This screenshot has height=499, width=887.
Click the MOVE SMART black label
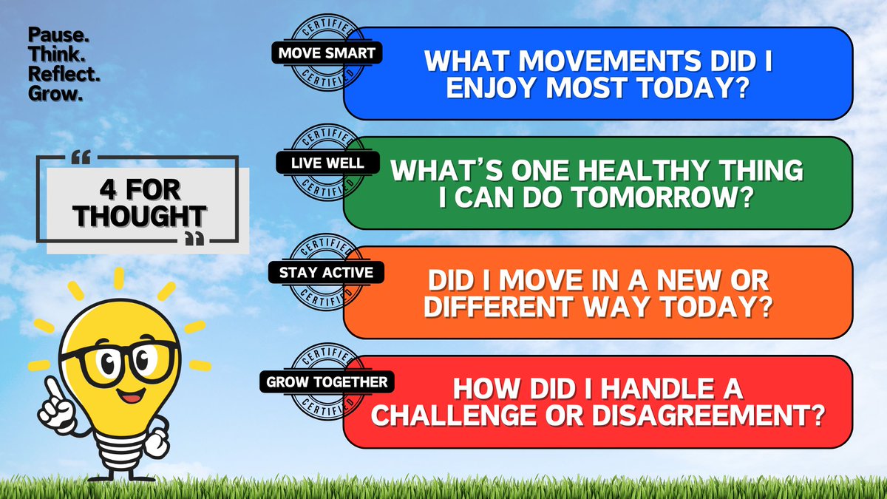(x=327, y=53)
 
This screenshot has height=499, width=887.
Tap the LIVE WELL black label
(x=326, y=163)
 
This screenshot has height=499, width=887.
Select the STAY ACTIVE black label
(x=326, y=272)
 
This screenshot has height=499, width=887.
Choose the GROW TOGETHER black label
(x=326, y=382)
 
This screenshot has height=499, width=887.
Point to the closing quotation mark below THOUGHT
(x=194, y=238)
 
